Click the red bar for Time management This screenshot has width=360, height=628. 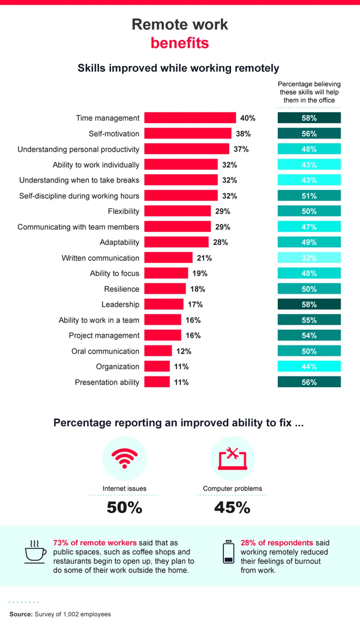point(190,118)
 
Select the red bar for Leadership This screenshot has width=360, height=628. point(164,305)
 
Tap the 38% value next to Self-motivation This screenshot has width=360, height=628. point(243,134)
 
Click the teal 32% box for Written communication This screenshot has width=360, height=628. point(309,258)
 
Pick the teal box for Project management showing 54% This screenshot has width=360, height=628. point(309,336)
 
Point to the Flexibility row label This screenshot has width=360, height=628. point(124,211)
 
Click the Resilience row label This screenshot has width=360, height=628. point(122,289)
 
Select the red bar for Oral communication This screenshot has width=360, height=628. point(158,351)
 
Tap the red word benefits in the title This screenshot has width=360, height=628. point(180,43)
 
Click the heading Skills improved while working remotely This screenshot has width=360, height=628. point(178,68)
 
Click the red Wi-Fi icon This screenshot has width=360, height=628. point(124,458)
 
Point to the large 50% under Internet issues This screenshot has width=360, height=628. point(124,508)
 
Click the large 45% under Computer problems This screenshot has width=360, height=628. point(232,508)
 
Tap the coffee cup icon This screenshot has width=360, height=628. point(35,551)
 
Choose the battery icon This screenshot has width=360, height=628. point(228,552)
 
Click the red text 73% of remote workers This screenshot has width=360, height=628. point(95,543)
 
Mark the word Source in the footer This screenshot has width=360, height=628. point(21,614)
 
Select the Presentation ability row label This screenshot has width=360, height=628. point(107,383)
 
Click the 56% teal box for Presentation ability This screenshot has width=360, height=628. point(309,382)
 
